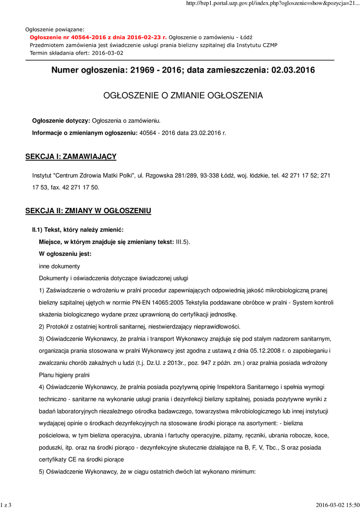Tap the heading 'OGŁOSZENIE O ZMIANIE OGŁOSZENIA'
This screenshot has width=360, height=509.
pyautogui.click(x=182, y=95)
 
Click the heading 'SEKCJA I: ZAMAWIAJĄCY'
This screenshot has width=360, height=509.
pyautogui.click(x=71, y=157)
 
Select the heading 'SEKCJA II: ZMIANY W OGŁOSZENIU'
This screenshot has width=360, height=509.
pyautogui.click(x=88, y=211)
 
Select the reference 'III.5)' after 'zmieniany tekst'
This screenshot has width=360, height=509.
pyautogui.click(x=183, y=242)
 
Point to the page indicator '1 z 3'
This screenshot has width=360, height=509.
pyautogui.click(x=6, y=505)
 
